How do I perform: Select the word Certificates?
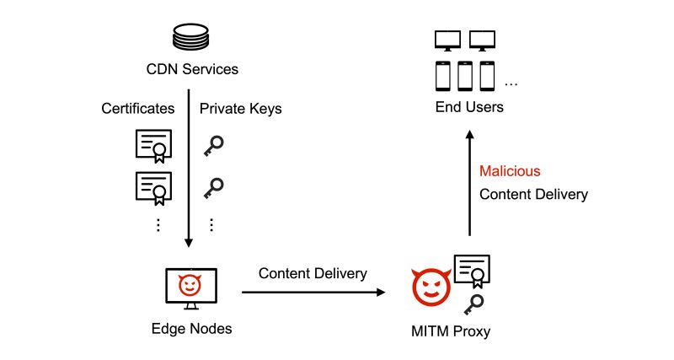click(138, 109)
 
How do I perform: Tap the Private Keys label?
click(240, 109)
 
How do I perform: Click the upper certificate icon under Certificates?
click(153, 146)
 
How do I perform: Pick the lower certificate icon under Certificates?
click(153, 186)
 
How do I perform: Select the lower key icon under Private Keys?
click(214, 186)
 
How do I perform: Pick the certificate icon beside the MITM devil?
click(472, 269)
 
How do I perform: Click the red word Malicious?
click(510, 171)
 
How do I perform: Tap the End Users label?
click(469, 107)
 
